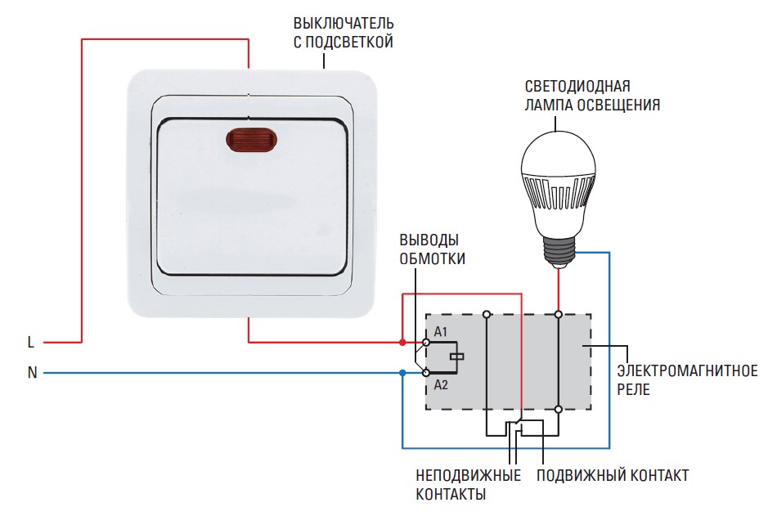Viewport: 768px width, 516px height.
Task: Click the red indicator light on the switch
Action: coord(246,141)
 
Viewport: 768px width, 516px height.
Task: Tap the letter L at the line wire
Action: coord(31,342)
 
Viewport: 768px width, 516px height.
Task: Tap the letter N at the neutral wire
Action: coord(32,373)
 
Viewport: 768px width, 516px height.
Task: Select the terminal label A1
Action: coord(442,331)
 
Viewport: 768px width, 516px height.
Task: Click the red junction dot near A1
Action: coord(402,341)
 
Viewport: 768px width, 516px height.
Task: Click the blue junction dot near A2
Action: coord(402,373)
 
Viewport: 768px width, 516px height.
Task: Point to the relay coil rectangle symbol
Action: coord(458,357)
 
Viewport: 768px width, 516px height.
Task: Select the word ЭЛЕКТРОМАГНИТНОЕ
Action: coord(687,371)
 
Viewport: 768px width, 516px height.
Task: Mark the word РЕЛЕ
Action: coord(634,390)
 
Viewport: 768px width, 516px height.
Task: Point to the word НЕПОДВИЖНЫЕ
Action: coord(468,476)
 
